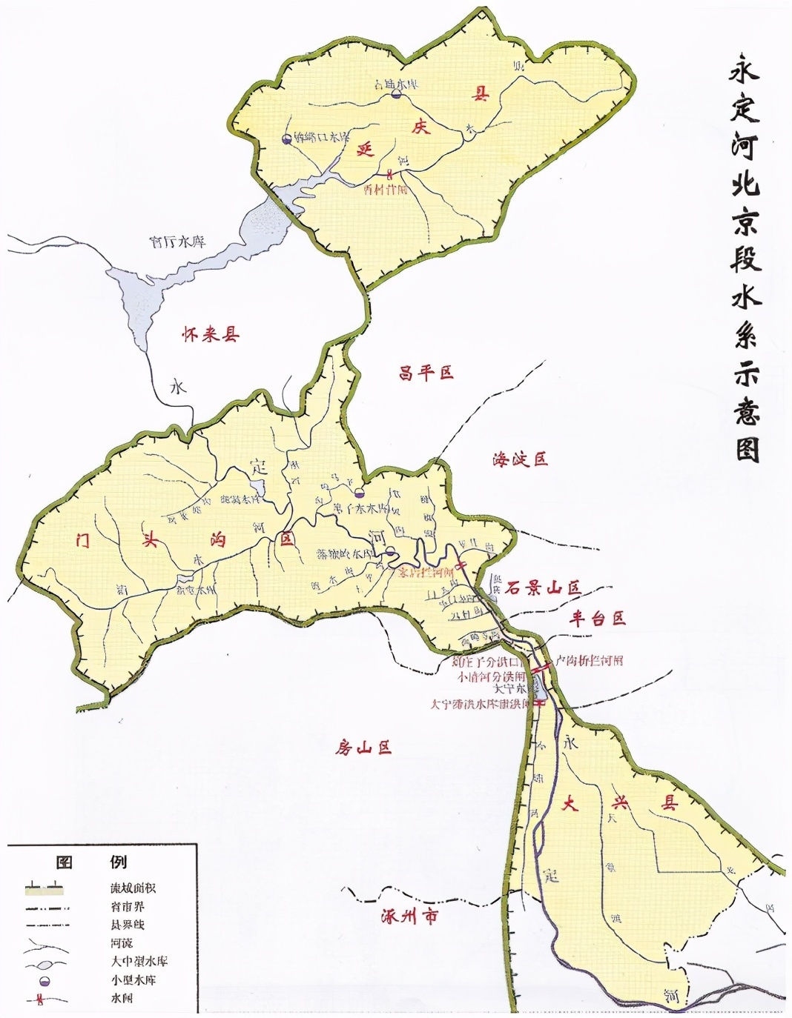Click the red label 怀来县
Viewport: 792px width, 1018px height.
211,334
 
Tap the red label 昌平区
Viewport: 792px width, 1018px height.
426,373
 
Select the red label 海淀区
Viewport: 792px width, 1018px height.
519,459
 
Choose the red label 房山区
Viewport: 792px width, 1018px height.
363,748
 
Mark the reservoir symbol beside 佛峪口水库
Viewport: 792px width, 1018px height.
287,139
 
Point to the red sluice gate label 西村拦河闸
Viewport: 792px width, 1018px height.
386,189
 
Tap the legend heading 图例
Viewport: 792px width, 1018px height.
91,862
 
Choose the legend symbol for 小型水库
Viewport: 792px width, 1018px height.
45,980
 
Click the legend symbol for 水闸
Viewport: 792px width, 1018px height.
45,999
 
